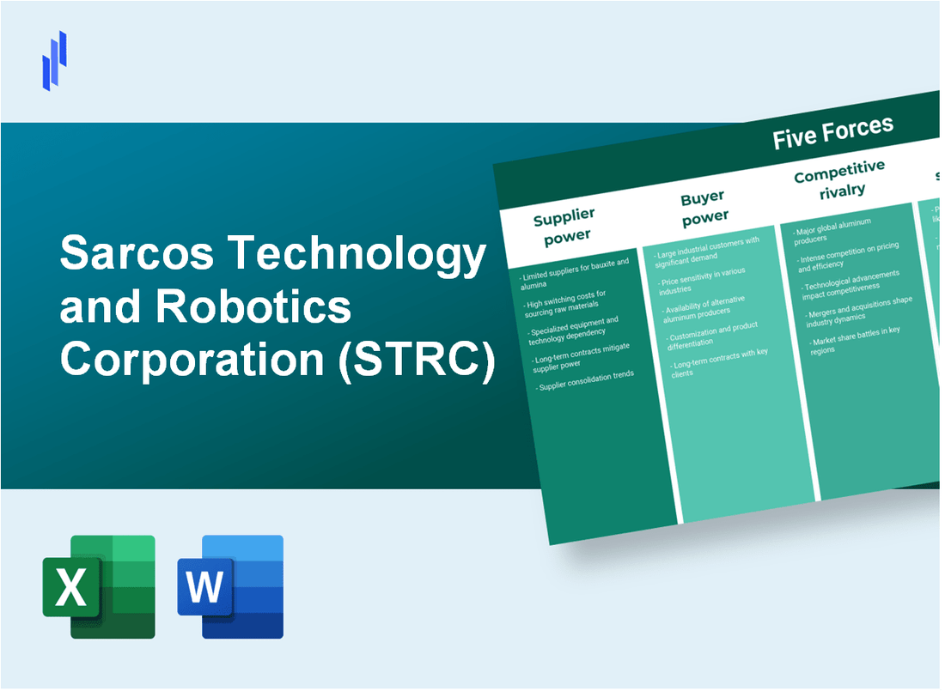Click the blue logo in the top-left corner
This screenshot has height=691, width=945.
pos(54,59)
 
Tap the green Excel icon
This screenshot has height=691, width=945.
pos(99,587)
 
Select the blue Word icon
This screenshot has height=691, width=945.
pos(230,587)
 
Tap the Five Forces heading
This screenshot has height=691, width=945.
pos(832,134)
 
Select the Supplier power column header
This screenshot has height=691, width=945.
pos(564,226)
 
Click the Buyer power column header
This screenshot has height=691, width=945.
pos(704,206)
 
